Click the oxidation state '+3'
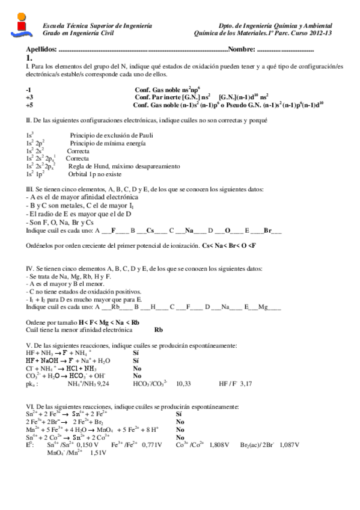[x=29, y=96]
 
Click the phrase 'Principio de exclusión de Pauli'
[x=108, y=136]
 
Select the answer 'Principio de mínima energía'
[x=103, y=143]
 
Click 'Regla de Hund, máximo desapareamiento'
[x=124, y=166]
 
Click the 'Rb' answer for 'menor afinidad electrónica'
[x=159, y=330]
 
